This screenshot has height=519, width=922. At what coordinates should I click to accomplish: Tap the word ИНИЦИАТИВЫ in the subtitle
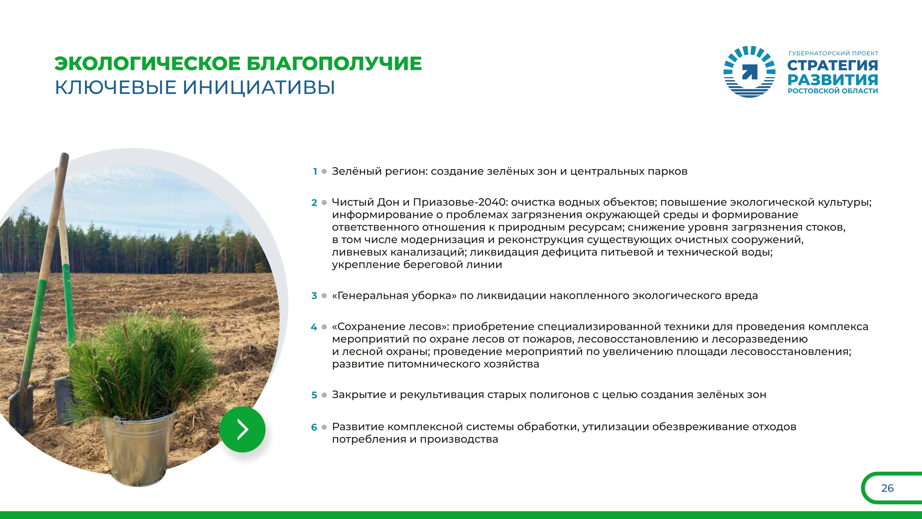(259, 87)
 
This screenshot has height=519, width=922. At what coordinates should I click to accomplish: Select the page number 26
(887, 488)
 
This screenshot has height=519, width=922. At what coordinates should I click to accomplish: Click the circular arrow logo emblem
(749, 72)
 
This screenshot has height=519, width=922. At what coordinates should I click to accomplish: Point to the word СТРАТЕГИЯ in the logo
(833, 66)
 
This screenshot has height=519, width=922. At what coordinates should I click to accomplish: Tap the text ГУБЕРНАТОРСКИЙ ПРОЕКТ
(833, 53)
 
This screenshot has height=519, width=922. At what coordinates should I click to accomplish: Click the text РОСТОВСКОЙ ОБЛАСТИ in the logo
(833, 91)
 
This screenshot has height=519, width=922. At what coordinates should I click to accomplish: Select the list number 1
(315, 172)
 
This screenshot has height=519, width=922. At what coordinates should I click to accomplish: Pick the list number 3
(314, 296)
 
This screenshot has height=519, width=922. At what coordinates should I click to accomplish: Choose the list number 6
(314, 427)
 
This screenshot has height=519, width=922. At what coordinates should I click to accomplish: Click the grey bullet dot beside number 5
(324, 395)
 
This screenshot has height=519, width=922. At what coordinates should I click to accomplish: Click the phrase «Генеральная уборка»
(394, 296)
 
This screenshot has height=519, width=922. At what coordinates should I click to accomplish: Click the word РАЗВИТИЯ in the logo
(833, 80)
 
